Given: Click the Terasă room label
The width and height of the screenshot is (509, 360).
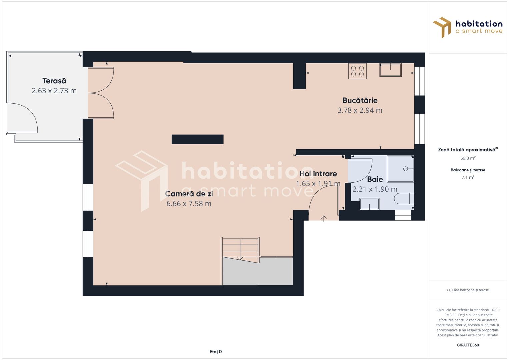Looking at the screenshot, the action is tap(54, 81).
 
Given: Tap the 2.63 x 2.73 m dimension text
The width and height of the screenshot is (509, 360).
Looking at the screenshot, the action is tap(54, 91).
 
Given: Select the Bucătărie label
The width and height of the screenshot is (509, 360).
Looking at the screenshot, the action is tap(360, 100).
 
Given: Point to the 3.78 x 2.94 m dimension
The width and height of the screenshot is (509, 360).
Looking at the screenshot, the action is tap(360, 110).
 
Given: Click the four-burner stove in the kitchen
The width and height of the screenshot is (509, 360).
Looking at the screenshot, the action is tap(357, 71).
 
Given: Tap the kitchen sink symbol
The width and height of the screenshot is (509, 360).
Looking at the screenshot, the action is tap(390, 70).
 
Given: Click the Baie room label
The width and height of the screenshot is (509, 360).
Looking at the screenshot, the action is tap(375, 179).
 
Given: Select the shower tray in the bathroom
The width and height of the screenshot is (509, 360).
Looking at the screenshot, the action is tap(400, 169).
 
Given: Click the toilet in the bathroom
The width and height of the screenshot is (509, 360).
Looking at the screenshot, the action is tap(404, 199).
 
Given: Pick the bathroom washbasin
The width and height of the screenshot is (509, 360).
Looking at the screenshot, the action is tap(369, 204).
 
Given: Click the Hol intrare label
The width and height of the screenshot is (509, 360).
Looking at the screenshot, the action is tap(318, 174).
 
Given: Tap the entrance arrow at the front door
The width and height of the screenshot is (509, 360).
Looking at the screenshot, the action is tap(324, 218).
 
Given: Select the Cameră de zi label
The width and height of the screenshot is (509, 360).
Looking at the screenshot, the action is tap(189, 194).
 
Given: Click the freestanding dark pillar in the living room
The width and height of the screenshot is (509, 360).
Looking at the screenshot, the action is tap(197, 139).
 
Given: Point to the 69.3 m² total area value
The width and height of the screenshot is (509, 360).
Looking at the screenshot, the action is tap(468, 158).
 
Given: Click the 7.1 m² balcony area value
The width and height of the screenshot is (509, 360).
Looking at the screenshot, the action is tap(468, 177).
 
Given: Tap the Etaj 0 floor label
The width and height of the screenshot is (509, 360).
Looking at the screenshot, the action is tap(215, 352).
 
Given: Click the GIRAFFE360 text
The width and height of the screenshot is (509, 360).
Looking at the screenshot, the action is tap(468, 345).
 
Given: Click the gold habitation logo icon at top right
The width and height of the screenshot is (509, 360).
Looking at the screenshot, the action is tap(442, 27).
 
